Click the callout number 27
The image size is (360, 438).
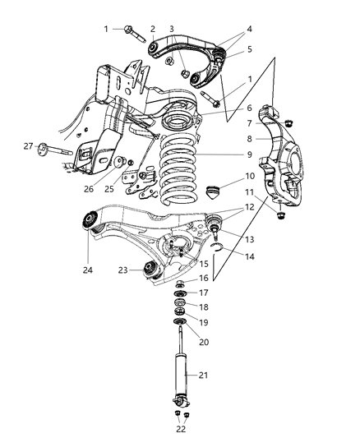(x=27, y=146)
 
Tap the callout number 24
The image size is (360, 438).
(x=86, y=267)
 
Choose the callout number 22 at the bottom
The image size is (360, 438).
(x=181, y=429)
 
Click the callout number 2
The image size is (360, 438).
(x=151, y=29)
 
